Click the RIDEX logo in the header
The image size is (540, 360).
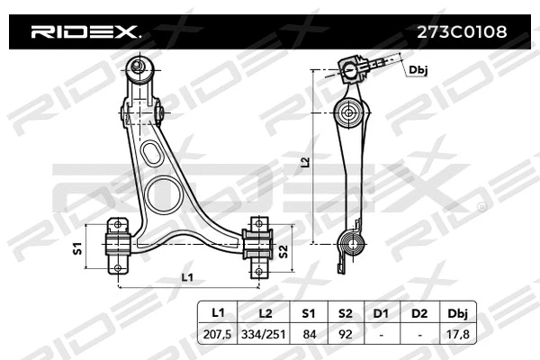click(85, 31)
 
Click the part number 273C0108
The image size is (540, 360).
click(460, 31)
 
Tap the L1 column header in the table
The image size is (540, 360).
click(217, 312)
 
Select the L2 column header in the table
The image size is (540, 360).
click(265, 312)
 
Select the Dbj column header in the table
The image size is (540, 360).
click(457, 312)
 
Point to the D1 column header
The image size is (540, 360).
click(381, 312)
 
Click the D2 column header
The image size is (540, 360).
click(418, 312)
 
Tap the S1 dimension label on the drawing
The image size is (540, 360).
click(77, 247)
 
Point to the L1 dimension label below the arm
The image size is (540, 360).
click(187, 277)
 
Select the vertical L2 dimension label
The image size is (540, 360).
click(305, 162)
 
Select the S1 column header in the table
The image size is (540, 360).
click(309, 312)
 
